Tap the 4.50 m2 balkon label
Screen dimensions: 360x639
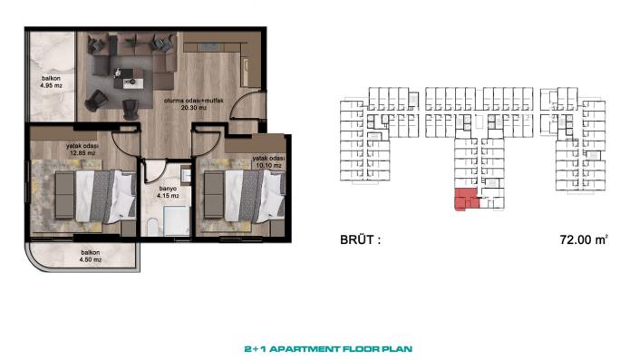(90, 257)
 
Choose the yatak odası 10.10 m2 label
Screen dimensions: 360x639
(269, 161)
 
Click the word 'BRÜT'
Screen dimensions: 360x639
(357, 241)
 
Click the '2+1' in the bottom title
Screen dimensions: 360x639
(257, 347)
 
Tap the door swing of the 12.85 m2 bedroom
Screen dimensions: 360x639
(127, 141)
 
